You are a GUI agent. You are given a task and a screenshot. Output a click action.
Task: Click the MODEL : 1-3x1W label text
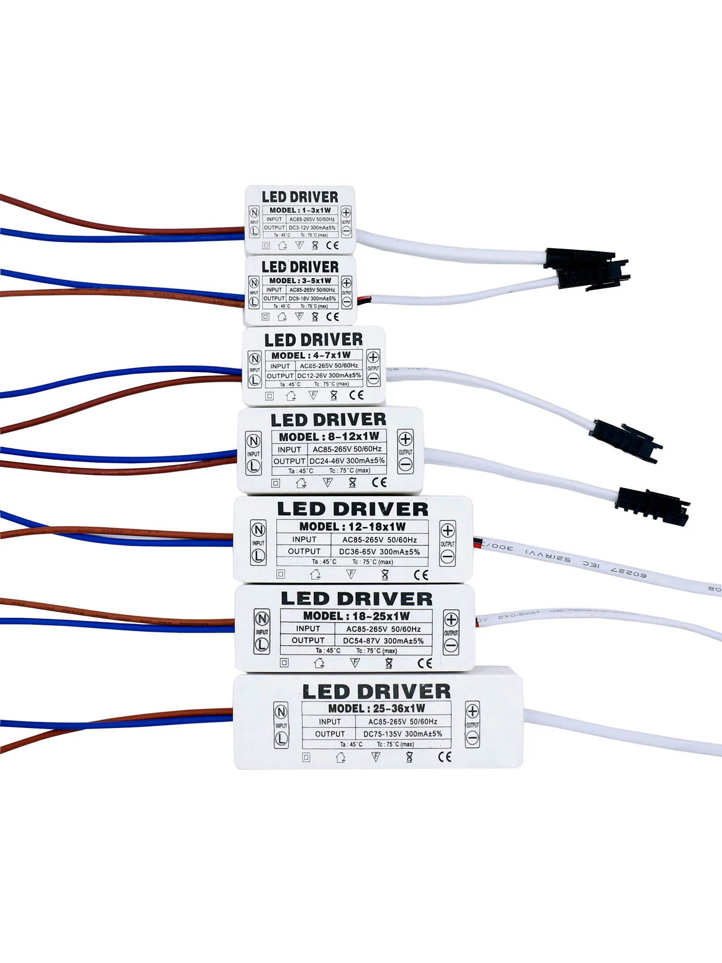300,210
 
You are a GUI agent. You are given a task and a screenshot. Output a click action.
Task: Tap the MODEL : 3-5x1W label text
300,281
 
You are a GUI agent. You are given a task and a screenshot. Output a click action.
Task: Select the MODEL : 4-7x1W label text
311,355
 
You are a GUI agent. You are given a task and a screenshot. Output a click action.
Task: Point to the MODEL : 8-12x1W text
329,437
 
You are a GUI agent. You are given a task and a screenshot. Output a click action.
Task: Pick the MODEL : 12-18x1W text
352,526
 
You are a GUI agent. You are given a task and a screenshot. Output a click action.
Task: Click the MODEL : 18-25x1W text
356,616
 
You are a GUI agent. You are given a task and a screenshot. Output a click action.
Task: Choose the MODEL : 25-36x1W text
376,708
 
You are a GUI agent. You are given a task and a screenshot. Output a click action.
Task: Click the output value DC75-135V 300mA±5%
402,734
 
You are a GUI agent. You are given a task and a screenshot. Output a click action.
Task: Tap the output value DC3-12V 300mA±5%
312,228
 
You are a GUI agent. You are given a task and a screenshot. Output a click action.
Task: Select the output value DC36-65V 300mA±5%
379,552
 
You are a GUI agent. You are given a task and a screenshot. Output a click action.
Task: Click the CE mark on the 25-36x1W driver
445,756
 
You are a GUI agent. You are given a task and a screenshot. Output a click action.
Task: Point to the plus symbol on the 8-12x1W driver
405,439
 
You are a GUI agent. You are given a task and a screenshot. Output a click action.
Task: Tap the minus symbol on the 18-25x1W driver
451,645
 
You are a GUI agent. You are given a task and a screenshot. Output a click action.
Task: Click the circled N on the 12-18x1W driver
258,530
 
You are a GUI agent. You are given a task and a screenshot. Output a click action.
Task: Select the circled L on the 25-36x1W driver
281,739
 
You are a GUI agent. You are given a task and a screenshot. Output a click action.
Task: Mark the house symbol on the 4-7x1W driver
291,396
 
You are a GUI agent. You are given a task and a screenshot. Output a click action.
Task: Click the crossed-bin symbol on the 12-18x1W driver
385,574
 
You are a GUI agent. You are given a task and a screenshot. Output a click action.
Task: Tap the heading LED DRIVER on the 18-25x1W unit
357,599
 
